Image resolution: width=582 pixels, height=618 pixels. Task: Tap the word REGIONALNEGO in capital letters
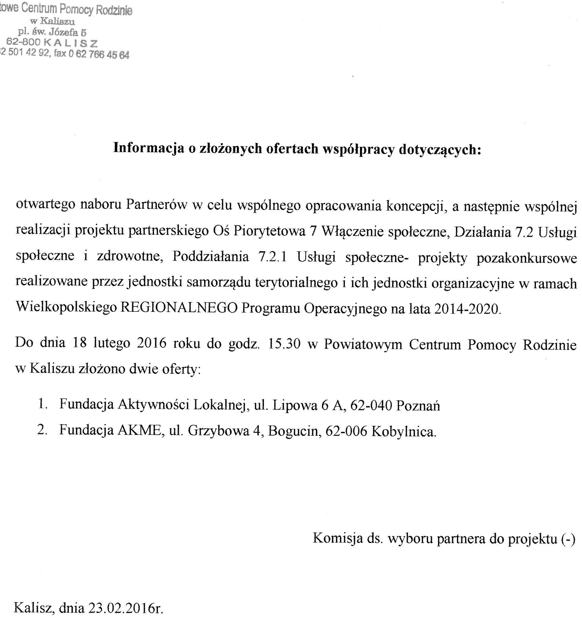(179, 308)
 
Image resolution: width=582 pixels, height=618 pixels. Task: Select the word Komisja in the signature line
(338, 538)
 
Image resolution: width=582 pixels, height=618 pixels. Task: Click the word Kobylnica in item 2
(403, 431)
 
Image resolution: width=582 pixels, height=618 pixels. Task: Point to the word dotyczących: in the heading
(440, 149)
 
